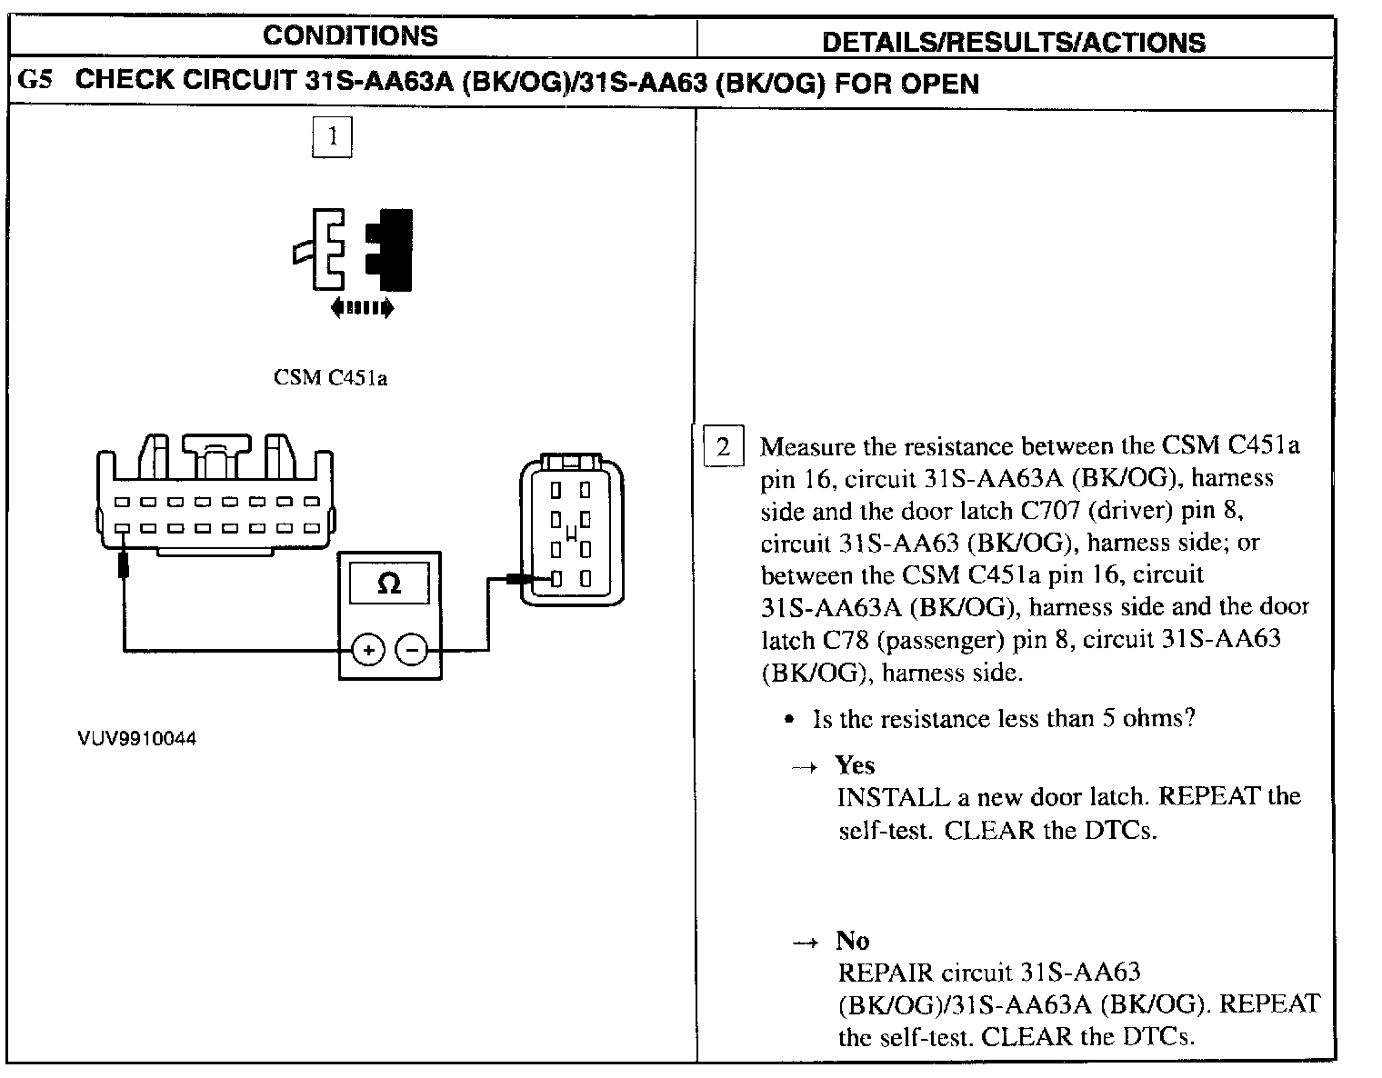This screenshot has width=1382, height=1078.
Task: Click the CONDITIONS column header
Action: point(350,36)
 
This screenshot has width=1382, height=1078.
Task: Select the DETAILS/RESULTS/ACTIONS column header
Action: point(1013,42)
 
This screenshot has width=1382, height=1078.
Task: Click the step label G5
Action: point(35,81)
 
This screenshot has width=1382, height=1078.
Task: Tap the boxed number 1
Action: point(332,137)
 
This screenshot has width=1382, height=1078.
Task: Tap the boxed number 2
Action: point(724,446)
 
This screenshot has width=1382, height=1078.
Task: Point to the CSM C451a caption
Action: point(330,378)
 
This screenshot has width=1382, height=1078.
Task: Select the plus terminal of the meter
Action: point(368,650)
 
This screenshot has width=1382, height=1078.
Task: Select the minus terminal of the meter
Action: point(412,650)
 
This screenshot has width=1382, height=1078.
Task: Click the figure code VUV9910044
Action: point(136,738)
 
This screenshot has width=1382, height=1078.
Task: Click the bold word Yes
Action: point(855,765)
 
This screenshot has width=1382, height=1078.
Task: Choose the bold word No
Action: point(853,941)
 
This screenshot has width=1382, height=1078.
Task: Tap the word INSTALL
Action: point(893,797)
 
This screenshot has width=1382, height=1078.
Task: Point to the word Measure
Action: point(809,446)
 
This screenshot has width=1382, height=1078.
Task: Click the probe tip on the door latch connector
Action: point(519,578)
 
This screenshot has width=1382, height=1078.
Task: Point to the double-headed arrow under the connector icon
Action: point(362,308)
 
